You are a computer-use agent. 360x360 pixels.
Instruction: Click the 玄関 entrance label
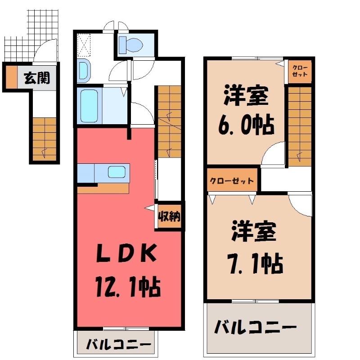point(37,78)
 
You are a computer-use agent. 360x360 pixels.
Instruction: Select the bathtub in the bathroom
point(89,106)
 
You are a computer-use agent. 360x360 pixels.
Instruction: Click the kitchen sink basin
point(117,172)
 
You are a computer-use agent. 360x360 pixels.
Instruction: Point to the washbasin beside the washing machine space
point(83,71)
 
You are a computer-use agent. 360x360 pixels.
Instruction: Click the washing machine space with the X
point(84,45)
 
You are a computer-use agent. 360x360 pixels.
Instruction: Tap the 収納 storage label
point(170,216)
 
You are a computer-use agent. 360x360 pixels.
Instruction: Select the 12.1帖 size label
point(128,287)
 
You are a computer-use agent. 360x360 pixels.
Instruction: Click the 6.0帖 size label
point(246,125)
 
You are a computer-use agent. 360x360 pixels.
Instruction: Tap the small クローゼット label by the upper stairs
point(300,71)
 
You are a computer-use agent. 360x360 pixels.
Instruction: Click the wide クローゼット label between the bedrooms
point(232,181)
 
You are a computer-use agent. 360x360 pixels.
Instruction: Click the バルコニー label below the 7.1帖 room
point(255,327)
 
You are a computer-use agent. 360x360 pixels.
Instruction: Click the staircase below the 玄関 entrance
point(45,139)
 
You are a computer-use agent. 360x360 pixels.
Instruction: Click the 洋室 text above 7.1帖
point(254,230)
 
